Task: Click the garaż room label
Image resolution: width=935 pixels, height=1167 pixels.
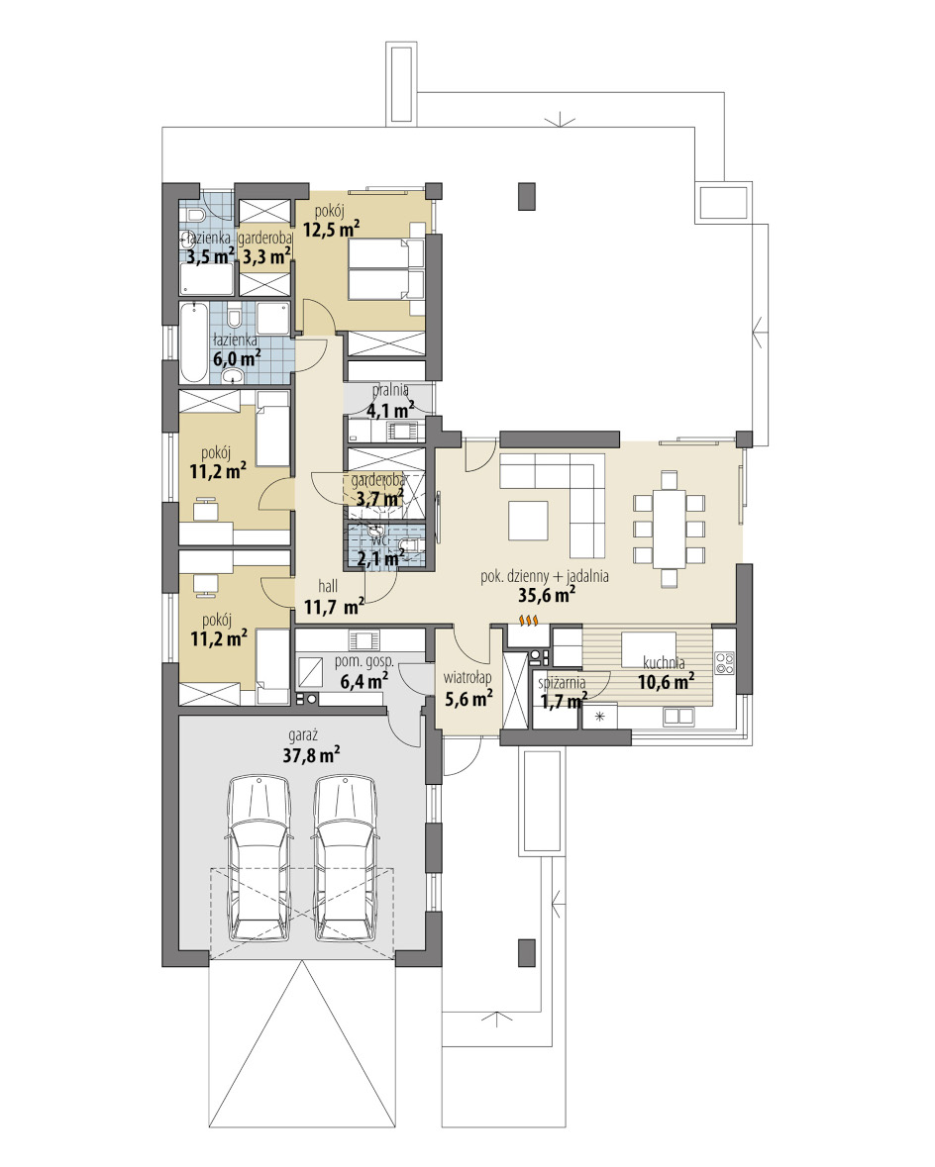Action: [303, 736]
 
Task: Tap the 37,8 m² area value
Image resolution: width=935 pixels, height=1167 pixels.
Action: [311, 755]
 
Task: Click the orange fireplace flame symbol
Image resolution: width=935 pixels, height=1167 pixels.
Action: [528, 620]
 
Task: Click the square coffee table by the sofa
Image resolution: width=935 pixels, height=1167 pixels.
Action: [528, 520]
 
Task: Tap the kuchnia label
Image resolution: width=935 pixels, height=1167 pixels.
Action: [664, 662]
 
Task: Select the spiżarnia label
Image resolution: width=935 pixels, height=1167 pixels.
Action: [562, 682]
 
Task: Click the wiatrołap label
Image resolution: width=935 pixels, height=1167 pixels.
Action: [467, 678]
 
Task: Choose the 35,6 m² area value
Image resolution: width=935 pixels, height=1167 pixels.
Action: [547, 594]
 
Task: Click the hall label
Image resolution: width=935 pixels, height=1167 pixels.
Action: [328, 587]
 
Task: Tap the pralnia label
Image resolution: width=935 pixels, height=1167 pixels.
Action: [390, 389]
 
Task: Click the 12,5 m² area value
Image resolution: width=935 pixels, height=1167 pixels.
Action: [332, 230]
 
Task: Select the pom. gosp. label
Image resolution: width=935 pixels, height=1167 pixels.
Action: [364, 661]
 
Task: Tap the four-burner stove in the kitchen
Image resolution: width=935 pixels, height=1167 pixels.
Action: [724, 664]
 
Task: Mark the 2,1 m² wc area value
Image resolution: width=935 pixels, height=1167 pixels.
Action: [380, 556]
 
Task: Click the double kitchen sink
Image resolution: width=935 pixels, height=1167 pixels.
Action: [678, 716]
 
